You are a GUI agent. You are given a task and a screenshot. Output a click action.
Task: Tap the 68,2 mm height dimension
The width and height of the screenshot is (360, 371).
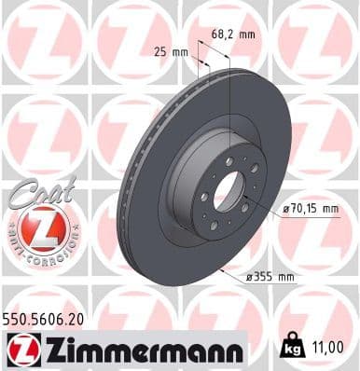point(233,34)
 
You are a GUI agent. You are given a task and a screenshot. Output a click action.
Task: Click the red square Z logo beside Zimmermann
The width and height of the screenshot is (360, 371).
point(18,350)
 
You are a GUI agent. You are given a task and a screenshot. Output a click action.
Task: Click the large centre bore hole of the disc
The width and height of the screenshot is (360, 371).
point(227,192)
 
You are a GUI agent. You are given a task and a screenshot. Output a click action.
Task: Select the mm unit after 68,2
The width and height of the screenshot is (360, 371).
point(247,34)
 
